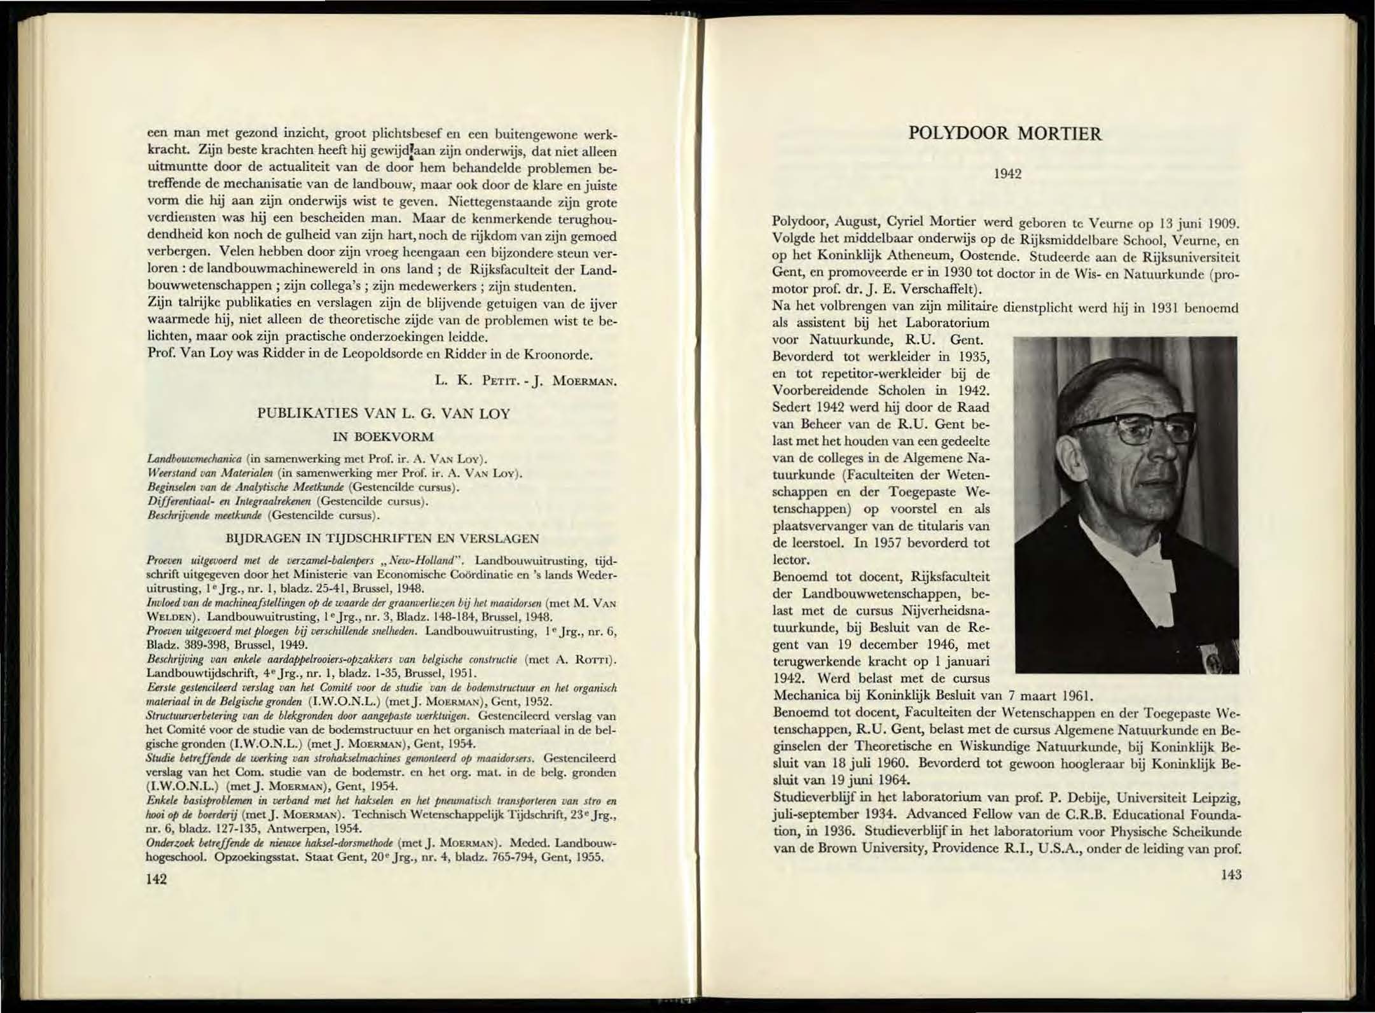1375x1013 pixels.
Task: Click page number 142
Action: (x=156, y=879)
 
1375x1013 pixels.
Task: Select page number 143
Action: (x=1231, y=874)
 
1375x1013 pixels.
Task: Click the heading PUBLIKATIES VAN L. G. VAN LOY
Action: (x=383, y=414)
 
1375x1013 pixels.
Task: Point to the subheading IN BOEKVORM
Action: (x=383, y=437)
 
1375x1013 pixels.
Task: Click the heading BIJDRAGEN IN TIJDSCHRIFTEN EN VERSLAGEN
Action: (x=383, y=538)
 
